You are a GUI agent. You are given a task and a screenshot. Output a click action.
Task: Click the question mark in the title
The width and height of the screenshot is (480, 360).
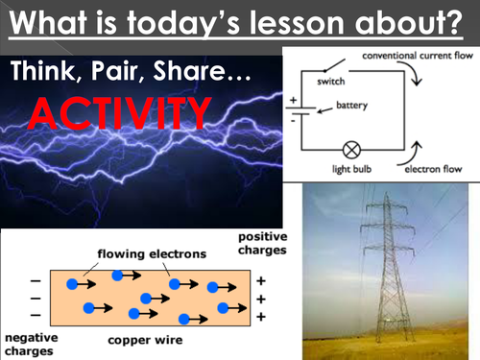pyautogui.click(x=463, y=22)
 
